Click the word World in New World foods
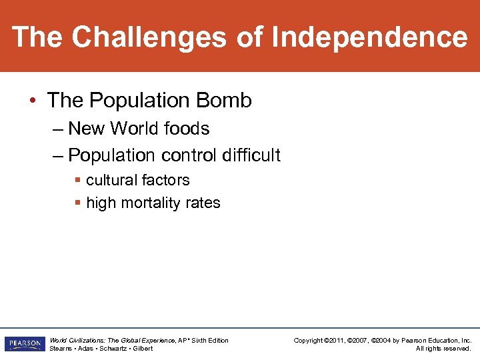point(139,128)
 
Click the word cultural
point(110,180)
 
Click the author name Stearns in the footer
point(61,349)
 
